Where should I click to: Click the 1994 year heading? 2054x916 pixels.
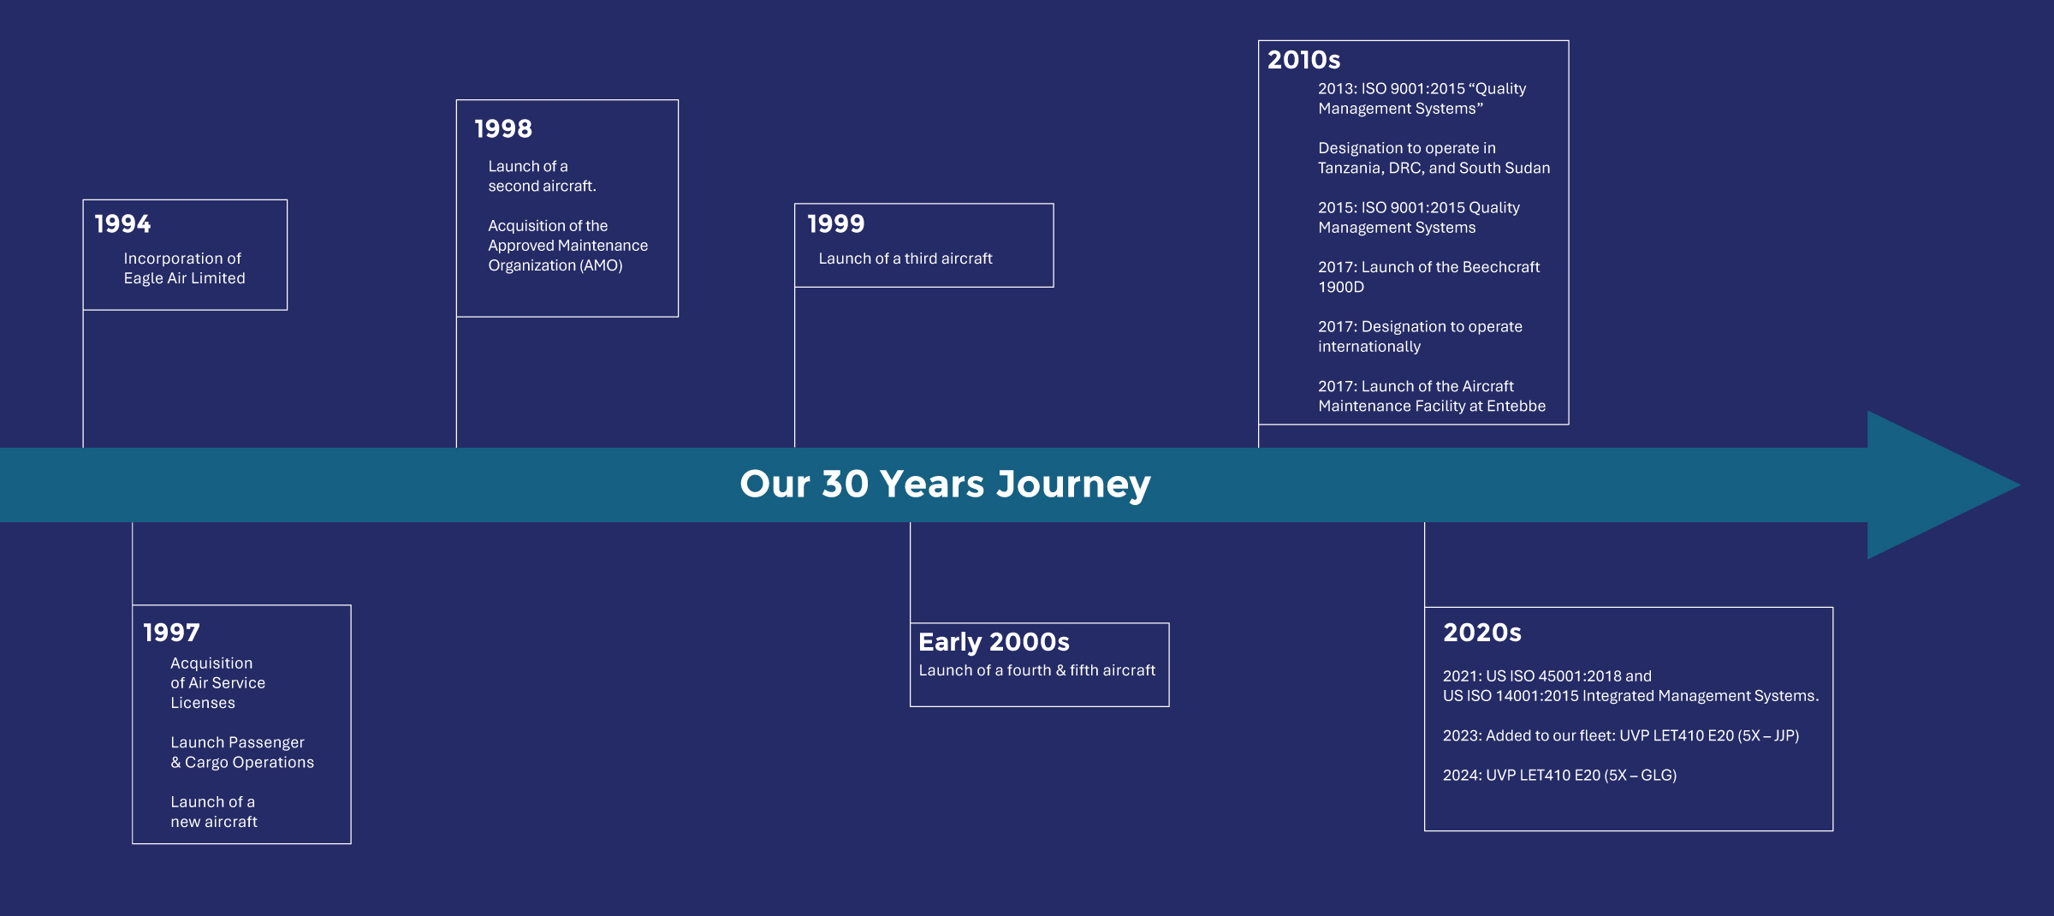point(122,224)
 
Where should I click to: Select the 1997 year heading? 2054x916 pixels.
point(171,633)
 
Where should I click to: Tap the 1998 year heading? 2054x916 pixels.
point(503,129)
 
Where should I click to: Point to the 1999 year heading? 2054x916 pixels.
point(836,224)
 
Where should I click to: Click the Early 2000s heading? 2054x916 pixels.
point(994,642)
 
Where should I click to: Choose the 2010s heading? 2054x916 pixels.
point(1303,60)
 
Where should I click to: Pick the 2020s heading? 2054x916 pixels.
point(1482,633)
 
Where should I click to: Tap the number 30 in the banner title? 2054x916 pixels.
point(845,484)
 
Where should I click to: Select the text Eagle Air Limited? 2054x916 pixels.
point(184,278)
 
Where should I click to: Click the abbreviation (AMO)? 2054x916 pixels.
point(602,265)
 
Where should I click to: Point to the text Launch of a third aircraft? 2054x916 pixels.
point(905,259)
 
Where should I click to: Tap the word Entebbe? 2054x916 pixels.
point(1516,406)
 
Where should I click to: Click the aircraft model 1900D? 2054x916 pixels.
point(1341,287)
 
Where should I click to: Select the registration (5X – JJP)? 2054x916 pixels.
point(1768,735)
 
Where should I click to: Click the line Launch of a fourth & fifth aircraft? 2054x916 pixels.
point(1037,670)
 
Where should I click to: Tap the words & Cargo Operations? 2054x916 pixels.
point(242,763)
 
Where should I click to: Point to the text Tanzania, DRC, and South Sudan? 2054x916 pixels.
point(1434,169)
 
